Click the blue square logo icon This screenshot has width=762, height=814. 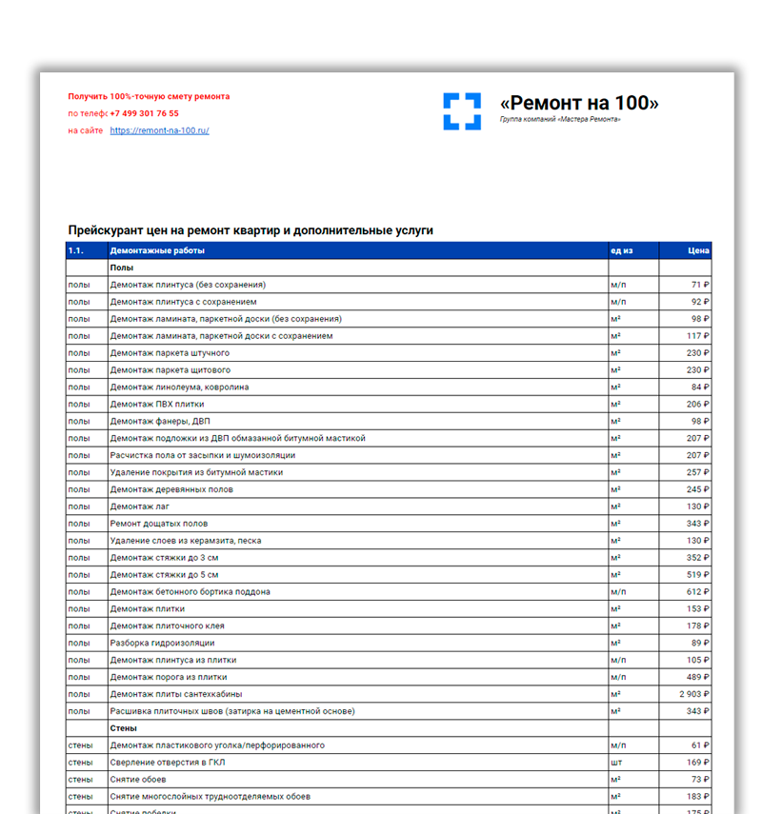[462, 110]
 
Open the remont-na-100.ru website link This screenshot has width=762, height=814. [159, 130]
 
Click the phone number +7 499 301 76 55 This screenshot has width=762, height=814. [144, 113]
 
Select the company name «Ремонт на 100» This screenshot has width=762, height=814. [579, 103]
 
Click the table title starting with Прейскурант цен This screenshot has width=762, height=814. [251, 230]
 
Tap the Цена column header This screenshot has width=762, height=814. [698, 251]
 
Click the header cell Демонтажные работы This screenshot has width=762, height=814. [157, 251]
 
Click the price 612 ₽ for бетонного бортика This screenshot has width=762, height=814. [696, 592]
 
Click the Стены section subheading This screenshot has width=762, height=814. [124, 728]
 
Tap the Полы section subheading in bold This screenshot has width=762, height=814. [122, 268]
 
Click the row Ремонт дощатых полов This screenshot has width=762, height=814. [159, 524]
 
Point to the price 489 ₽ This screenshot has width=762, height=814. [696, 677]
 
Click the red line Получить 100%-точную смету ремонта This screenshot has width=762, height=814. [149, 96]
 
